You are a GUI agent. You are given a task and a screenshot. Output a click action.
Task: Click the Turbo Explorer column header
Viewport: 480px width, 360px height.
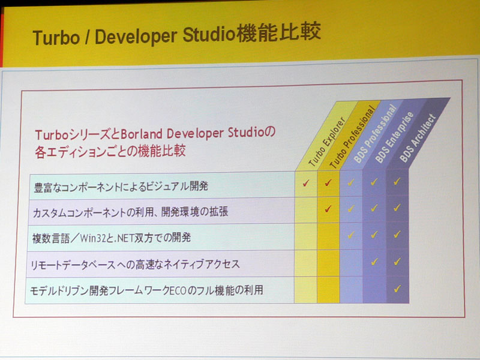[327, 142]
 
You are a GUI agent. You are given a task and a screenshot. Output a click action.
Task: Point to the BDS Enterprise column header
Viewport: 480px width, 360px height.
[395, 137]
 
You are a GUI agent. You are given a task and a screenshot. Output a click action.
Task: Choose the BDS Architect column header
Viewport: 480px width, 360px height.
[418, 138]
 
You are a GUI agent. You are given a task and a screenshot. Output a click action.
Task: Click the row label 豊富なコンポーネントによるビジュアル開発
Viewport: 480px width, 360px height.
[121, 186]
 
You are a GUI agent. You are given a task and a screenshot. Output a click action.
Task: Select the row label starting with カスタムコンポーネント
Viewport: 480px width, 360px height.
[130, 212]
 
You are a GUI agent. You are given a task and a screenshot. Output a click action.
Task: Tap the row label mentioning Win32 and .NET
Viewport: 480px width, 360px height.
[112, 238]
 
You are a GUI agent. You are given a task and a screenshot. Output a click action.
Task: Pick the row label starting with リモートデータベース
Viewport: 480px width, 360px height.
[135, 264]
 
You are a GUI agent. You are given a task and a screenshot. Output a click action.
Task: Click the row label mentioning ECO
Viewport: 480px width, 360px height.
[146, 290]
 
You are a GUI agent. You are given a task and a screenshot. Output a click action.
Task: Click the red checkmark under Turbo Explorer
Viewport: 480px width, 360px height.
[306, 183]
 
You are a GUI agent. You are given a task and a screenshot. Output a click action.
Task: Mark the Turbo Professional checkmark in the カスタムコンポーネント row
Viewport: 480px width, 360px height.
[328, 209]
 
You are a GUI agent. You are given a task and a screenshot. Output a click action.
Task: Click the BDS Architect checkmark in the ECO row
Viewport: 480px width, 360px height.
[397, 289]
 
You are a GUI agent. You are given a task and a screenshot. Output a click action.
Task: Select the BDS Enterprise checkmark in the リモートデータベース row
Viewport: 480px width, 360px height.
[374, 262]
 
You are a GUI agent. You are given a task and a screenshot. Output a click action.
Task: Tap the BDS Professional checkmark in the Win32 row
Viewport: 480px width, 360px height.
[351, 235]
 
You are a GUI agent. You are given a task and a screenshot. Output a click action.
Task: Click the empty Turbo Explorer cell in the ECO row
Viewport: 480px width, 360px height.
[305, 290]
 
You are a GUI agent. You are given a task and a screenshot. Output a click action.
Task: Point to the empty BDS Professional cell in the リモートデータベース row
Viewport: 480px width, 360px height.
[351, 263]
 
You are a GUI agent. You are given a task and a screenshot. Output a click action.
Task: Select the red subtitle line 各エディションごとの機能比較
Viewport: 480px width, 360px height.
[110, 152]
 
